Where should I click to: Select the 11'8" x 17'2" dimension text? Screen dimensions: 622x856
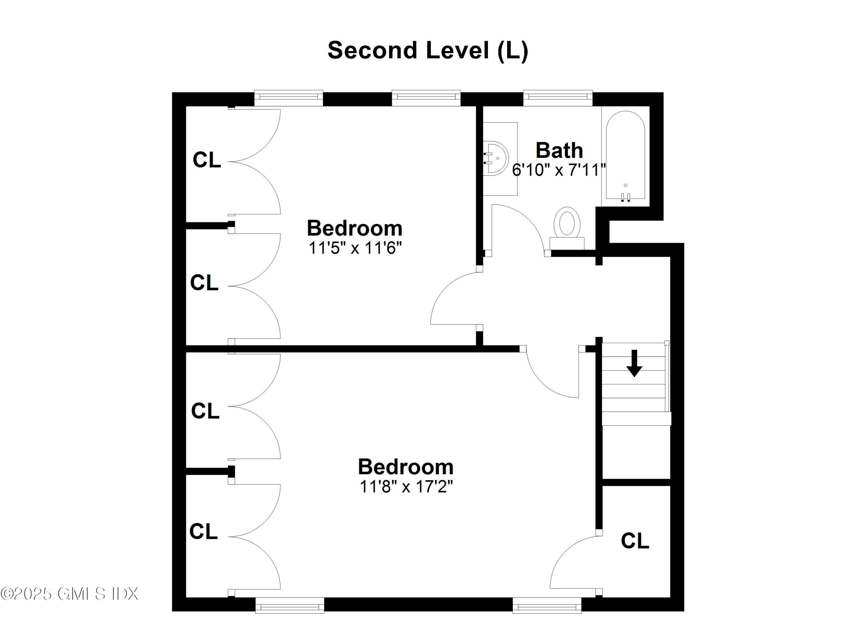coord(406,487)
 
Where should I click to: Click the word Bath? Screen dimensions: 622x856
coord(559,151)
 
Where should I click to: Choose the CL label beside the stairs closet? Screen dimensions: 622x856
coord(635,541)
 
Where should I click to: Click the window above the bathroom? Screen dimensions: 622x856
coord(558,98)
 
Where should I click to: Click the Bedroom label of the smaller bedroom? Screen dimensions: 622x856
coord(354,228)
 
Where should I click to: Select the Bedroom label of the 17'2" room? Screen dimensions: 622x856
coord(405,467)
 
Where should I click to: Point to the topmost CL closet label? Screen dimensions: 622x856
coord(207,160)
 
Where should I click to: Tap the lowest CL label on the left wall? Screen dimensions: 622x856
coord(203,532)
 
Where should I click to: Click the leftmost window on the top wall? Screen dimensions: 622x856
coord(288,98)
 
